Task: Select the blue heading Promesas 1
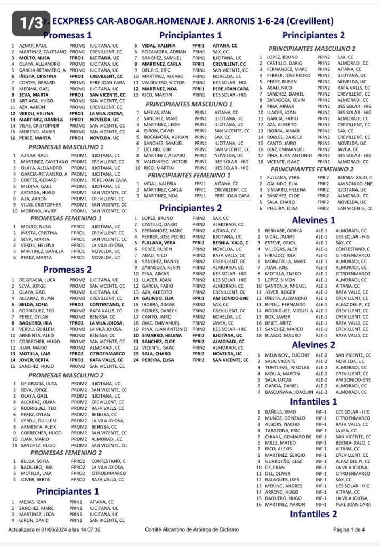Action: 68,36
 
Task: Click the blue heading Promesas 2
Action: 68,269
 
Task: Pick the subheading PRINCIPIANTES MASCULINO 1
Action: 189,104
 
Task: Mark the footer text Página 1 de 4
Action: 349,530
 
